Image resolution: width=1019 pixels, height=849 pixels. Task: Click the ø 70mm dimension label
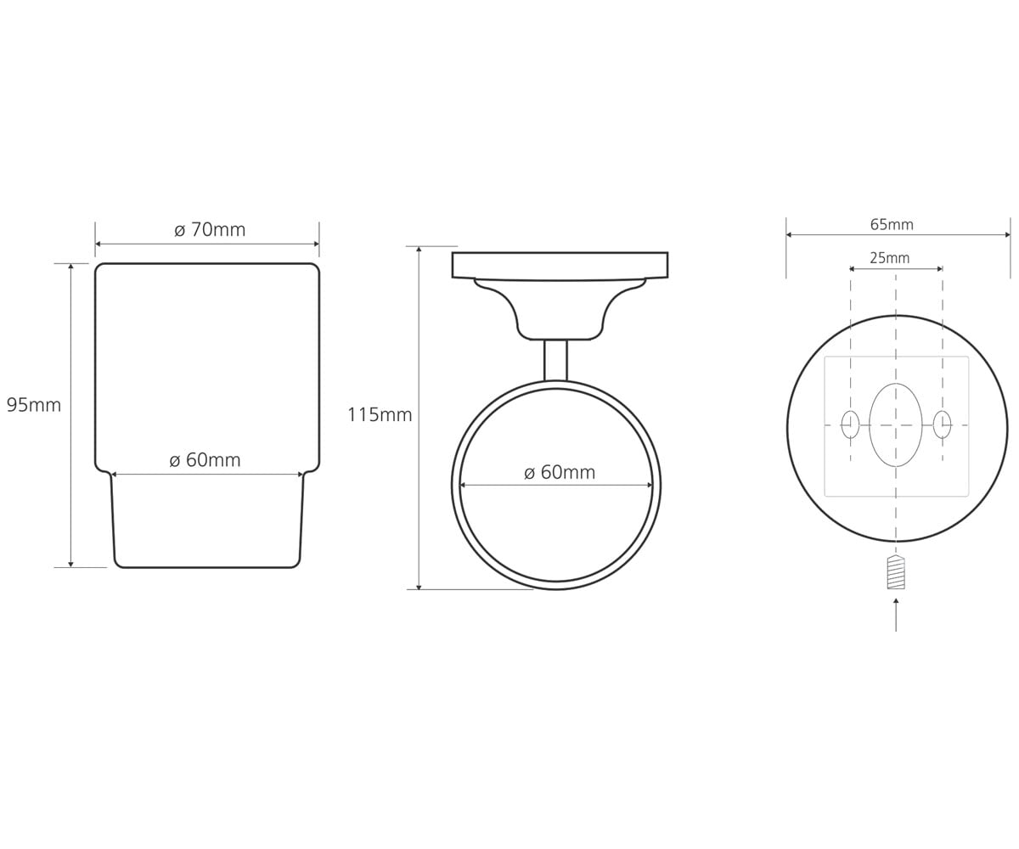[210, 229]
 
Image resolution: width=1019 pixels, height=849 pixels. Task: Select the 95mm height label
[34, 405]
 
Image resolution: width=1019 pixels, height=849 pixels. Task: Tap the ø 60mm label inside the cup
[205, 459]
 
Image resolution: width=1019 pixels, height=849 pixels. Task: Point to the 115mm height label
[380, 415]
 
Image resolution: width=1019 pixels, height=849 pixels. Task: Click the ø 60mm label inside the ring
[560, 472]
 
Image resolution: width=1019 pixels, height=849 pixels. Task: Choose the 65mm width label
[892, 224]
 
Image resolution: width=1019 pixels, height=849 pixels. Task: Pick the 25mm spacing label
[890, 257]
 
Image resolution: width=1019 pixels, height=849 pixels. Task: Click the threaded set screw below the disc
[896, 572]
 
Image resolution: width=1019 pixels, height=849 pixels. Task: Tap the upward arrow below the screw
[896, 615]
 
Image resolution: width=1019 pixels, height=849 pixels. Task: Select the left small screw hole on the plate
[850, 424]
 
